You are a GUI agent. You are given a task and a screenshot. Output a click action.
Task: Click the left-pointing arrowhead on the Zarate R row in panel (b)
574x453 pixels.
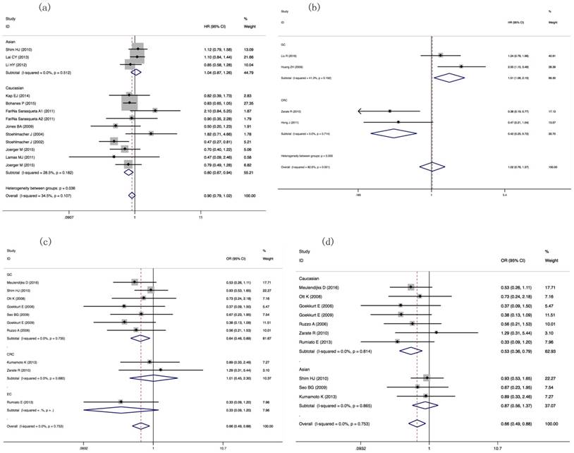point(360,111)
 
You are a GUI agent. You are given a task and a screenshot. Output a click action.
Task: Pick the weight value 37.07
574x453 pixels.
point(553,405)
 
